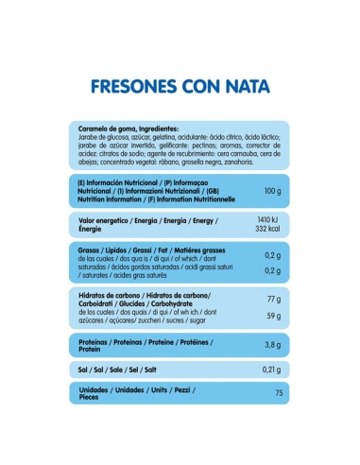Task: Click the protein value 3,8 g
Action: [273, 345]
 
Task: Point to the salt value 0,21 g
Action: [272, 370]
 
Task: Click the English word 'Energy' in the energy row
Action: [194, 220]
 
